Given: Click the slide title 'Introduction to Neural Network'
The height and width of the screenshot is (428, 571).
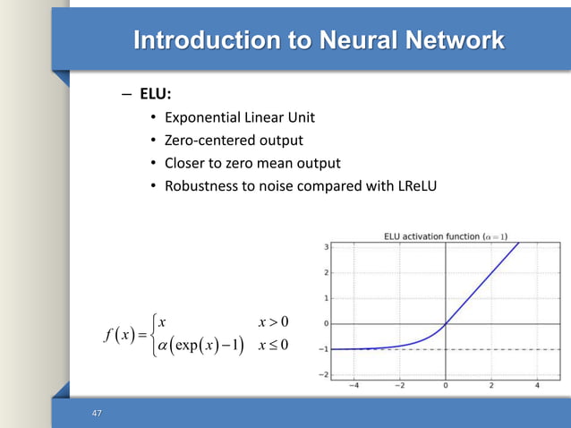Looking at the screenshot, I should pyautogui.click(x=318, y=40).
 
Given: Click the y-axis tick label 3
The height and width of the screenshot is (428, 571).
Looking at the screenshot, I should pyautogui.click(x=326, y=247).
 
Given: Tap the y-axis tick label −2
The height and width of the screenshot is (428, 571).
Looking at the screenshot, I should pyautogui.click(x=323, y=374).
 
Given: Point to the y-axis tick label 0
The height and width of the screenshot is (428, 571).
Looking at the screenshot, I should pyautogui.click(x=326, y=323).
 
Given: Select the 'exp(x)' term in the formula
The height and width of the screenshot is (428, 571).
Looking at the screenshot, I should pyautogui.click(x=193, y=347).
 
